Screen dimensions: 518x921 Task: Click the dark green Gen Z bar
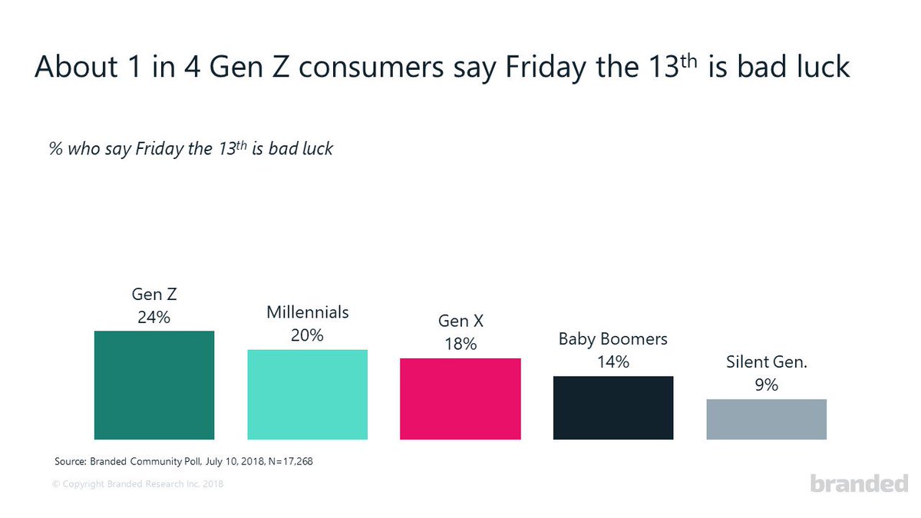tap(153, 385)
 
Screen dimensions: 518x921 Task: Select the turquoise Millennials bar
tap(307, 394)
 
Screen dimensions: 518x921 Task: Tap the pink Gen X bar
tap(460, 399)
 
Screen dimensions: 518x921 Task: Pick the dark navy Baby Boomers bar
tap(613, 407)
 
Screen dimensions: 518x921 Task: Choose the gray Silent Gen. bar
tap(766, 419)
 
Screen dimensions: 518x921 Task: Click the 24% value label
tap(153, 317)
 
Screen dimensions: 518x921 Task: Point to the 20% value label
tap(307, 335)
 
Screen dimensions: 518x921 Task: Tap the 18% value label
tap(460, 344)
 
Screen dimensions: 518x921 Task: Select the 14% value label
tap(613, 361)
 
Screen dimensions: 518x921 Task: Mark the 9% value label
tap(766, 385)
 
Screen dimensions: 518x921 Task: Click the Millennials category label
tap(307, 312)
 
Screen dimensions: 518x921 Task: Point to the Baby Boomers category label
tap(613, 339)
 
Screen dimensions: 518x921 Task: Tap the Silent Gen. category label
tap(766, 362)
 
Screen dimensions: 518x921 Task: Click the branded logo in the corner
tap(859, 483)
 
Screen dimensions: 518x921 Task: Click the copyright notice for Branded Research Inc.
tap(138, 484)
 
